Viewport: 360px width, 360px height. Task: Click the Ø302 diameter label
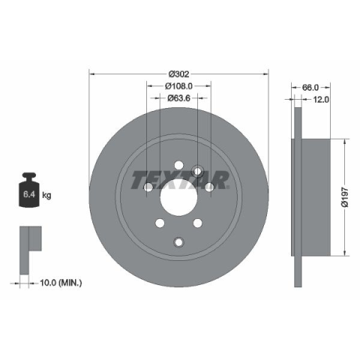[x=179, y=74]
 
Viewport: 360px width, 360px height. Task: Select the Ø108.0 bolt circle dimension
[x=178, y=86]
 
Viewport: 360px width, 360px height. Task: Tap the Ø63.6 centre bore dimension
[x=178, y=98]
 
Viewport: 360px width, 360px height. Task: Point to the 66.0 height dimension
[x=310, y=88]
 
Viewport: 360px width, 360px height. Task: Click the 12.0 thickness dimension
[x=321, y=100]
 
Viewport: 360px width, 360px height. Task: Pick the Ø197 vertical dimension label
[x=345, y=197]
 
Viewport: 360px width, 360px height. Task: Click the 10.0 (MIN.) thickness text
[x=61, y=283]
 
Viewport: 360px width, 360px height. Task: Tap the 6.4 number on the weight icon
[x=29, y=194]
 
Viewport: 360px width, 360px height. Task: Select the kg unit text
[x=46, y=194]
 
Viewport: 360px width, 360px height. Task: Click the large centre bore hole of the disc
[x=178, y=197]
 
